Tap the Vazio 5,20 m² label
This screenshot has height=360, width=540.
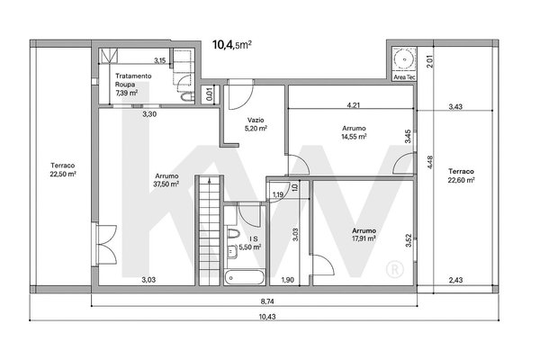pyautogui.click(x=256, y=124)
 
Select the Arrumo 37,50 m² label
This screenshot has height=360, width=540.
pyautogui.click(x=166, y=180)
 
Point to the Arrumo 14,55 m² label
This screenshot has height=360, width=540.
pyautogui.click(x=354, y=132)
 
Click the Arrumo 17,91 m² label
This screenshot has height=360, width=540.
pyautogui.click(x=364, y=234)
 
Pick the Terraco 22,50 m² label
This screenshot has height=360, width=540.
pyautogui.click(x=63, y=170)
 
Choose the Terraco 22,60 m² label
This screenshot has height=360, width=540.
pyautogui.click(x=461, y=175)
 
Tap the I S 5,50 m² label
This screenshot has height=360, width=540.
pyautogui.click(x=250, y=243)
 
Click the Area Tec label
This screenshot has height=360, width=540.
pyautogui.click(x=404, y=77)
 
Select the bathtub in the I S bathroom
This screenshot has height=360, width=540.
pyautogui.click(x=245, y=278)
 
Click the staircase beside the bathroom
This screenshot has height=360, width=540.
pyautogui.click(x=210, y=230)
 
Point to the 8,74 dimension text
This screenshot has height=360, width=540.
pyautogui.click(x=267, y=301)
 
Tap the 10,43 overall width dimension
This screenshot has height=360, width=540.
pyautogui.click(x=267, y=317)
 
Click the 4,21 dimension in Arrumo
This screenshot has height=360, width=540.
pyautogui.click(x=354, y=105)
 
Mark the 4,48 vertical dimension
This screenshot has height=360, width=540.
pyautogui.click(x=430, y=162)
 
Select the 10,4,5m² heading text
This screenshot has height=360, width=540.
pyautogui.click(x=232, y=45)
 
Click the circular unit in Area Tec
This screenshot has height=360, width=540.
pyautogui.click(x=404, y=59)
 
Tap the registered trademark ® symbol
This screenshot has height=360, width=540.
pyautogui.click(x=395, y=270)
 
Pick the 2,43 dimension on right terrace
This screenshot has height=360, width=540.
pyautogui.click(x=455, y=280)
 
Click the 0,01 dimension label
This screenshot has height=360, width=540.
pyautogui.click(x=210, y=94)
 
